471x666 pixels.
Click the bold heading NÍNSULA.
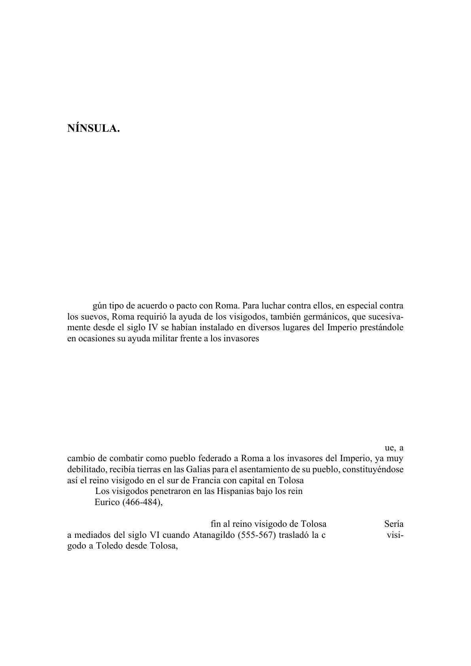pos(93,129)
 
